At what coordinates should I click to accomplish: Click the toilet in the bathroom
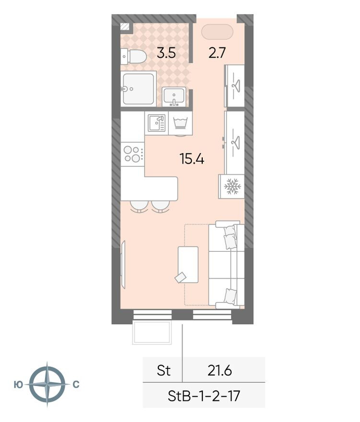pos(133,57)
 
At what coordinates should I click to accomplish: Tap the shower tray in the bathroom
pos(139,89)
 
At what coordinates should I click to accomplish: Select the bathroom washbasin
pos(174,96)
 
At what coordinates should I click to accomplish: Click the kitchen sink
pos(156,123)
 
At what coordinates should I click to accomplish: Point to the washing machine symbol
pos(180,123)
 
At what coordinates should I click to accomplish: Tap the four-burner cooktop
pos(132,154)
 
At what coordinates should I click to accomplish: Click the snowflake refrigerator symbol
pos(232,187)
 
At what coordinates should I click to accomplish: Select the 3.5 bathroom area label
pos(166,53)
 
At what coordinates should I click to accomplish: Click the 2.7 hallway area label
pos(217,53)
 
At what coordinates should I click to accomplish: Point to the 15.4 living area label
pos(192,159)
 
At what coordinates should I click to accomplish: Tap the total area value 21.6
pos(220,371)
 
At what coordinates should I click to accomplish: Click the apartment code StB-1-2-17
pos(204,396)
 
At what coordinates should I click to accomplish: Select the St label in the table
pos(163,371)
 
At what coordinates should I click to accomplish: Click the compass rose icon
pos(47,384)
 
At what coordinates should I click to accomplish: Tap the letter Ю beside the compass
pos(18,385)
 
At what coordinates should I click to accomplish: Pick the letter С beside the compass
pos(76,385)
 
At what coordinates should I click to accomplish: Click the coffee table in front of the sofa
pos(188,265)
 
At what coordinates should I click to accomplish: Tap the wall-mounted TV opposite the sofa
pos(123,265)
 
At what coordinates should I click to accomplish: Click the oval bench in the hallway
pos(217,32)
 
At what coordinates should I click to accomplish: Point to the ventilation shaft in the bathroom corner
pos(125,27)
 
